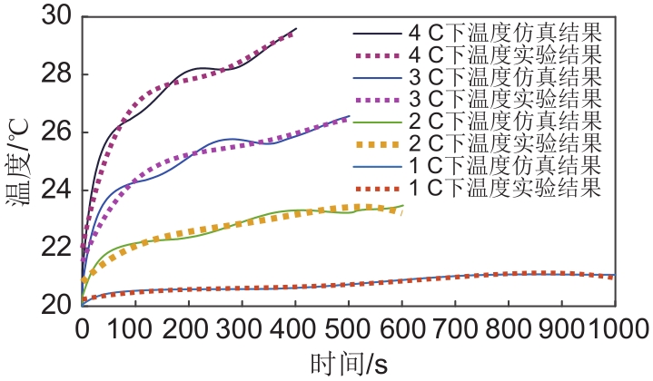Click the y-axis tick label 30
(x=61, y=16)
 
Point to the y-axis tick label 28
(x=61, y=74)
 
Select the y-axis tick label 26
(x=61, y=132)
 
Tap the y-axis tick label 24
(x=61, y=190)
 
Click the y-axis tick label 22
(x=61, y=248)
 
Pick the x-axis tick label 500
(x=349, y=325)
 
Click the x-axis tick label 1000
(x=613, y=325)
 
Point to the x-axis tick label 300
(x=242, y=325)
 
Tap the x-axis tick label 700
(x=455, y=325)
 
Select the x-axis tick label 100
(x=136, y=325)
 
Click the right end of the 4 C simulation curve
(x=296, y=28)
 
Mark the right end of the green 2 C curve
(x=402, y=206)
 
